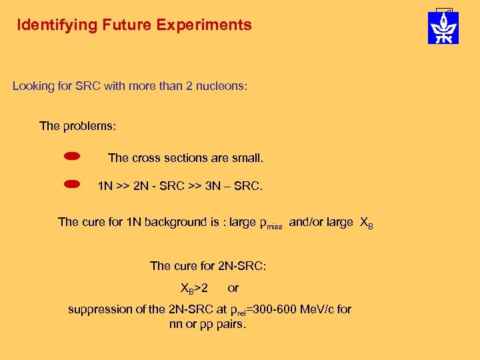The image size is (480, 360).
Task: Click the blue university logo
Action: point(443,28)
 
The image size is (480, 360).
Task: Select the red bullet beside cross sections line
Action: point(72,157)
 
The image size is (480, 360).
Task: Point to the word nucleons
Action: point(221,86)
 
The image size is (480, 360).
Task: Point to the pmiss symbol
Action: point(270,224)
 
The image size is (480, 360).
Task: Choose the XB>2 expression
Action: point(194,289)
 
